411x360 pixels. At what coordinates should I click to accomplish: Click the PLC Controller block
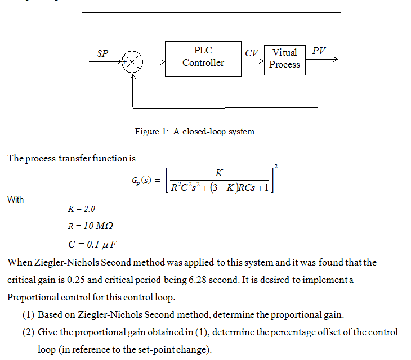(x=203, y=57)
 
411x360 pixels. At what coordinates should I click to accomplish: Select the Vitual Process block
(x=284, y=58)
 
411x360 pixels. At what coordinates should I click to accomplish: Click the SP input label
(x=102, y=54)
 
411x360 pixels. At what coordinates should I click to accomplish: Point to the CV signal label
(x=252, y=53)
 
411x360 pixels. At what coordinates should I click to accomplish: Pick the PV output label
(x=319, y=51)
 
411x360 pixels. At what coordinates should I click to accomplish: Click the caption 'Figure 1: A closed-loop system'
(x=195, y=132)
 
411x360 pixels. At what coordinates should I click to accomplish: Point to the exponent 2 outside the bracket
(x=275, y=165)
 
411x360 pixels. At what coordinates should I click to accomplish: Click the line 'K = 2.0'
(x=82, y=209)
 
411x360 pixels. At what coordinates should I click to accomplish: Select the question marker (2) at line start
(x=29, y=332)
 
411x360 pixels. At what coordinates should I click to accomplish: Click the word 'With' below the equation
(x=16, y=200)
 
